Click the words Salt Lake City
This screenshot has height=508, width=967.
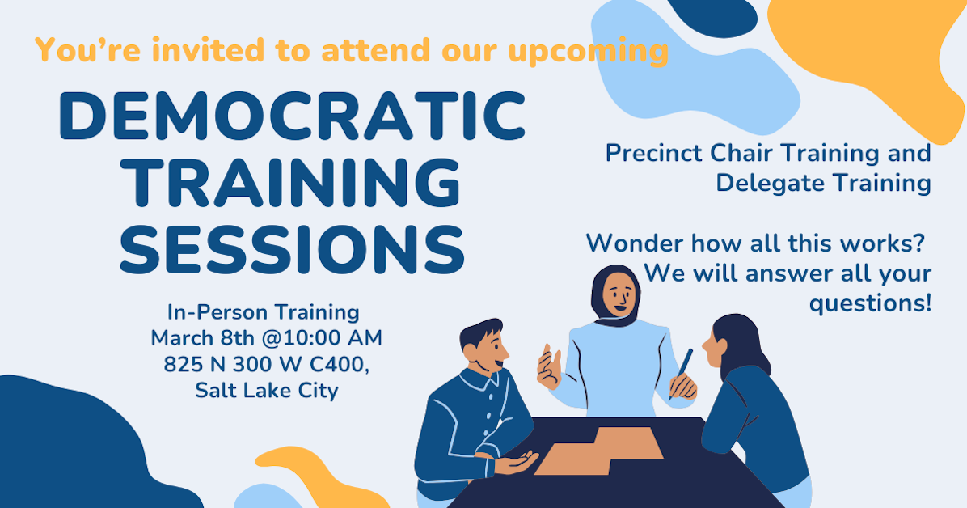267,390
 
